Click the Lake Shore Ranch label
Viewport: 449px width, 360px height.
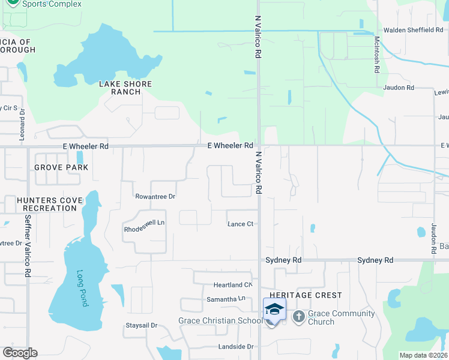pyautogui.click(x=126, y=88)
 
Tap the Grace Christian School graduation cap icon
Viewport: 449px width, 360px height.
pyautogui.click(x=274, y=309)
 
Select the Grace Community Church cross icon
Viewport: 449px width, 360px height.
pyautogui.click(x=298, y=317)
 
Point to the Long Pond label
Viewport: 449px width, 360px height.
pyautogui.click(x=82, y=289)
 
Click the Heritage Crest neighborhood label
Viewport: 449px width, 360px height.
pyautogui.click(x=306, y=295)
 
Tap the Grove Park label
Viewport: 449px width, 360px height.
pyautogui.click(x=61, y=167)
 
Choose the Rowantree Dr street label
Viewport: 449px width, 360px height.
pyautogui.click(x=155, y=196)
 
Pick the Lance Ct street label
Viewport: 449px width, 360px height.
pyautogui.click(x=241, y=224)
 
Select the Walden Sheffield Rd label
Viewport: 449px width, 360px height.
pyautogui.click(x=413, y=30)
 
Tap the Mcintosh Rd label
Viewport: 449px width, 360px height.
pyautogui.click(x=377, y=54)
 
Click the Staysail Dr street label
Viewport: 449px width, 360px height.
pyautogui.click(x=141, y=325)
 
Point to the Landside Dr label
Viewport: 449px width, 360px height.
pyautogui.click(x=236, y=347)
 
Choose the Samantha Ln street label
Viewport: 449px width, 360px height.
pyautogui.click(x=226, y=299)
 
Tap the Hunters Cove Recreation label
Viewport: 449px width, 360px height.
pyautogui.click(x=47, y=204)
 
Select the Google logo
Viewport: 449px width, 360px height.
pyautogui.click(x=20, y=353)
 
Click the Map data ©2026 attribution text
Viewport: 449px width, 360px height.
pyautogui.click(x=423, y=355)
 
